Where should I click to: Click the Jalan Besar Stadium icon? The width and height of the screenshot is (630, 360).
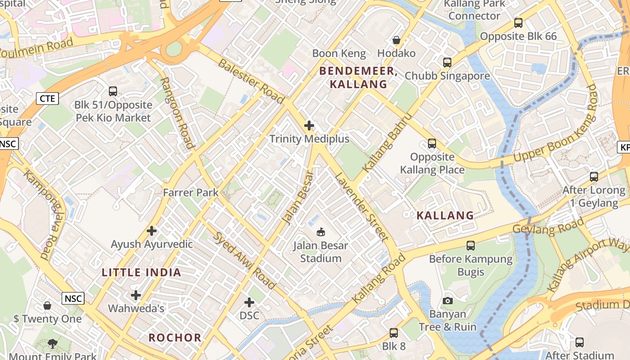click(x=320, y=232)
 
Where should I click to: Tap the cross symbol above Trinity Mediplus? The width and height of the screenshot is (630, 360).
click(x=309, y=126)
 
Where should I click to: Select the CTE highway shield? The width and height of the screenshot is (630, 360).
click(x=47, y=99)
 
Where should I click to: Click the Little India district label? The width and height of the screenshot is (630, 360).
click(x=141, y=272)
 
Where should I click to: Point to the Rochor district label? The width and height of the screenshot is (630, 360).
click(x=175, y=337)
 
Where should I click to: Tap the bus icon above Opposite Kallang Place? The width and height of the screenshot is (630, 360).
click(x=432, y=144)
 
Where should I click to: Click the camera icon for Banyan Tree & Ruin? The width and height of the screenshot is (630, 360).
click(x=447, y=301)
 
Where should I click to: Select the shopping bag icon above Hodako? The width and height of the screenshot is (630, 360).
click(x=396, y=40)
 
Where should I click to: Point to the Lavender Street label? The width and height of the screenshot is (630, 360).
click(x=361, y=207)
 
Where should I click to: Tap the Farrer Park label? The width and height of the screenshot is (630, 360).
click(x=191, y=193)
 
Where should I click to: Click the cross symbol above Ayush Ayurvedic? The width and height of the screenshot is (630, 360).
click(x=152, y=231)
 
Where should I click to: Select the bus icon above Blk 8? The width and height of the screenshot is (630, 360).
click(x=394, y=333)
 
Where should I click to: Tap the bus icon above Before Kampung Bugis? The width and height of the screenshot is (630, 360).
click(x=471, y=246)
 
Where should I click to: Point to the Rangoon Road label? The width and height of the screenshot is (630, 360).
click(x=177, y=113)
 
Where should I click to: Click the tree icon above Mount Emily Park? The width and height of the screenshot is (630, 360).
click(x=53, y=344)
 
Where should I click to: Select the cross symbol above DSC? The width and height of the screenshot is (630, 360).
click(x=249, y=302)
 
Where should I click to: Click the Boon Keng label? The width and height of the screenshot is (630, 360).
click(x=339, y=54)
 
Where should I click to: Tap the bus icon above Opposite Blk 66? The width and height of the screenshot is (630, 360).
click(x=518, y=23)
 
